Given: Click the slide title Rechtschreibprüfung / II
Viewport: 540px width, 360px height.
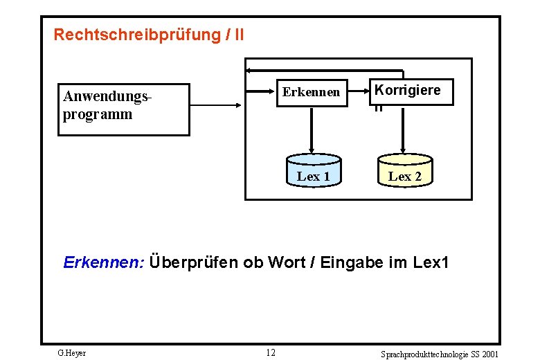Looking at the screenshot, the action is coord(148,34).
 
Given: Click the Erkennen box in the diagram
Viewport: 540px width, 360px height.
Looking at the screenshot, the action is coord(311,91).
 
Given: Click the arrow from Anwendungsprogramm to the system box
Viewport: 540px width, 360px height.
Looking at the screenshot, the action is coord(215,105).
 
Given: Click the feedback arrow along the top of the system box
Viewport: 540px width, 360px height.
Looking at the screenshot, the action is coord(325,71).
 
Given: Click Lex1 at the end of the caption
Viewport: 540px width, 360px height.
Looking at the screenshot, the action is coord(431,262).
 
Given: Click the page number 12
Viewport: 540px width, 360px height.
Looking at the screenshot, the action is coord(271,353).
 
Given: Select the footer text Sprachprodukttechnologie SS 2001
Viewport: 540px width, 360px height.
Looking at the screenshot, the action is coord(439,354).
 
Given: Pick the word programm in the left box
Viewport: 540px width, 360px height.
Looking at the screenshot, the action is coord(98,114).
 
